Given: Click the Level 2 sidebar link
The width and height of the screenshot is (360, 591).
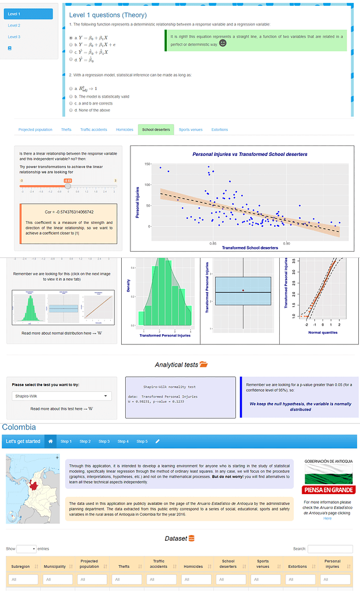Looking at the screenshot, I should click(14, 25).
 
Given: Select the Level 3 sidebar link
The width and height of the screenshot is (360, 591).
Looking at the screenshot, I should click(14, 37).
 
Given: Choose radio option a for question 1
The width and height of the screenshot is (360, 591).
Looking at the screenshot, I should click(71, 38).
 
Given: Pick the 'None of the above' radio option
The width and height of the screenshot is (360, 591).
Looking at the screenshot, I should click(71, 110).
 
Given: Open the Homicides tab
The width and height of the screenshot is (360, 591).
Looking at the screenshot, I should click(124, 130).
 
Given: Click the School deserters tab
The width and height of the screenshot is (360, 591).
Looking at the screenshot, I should click(156, 130).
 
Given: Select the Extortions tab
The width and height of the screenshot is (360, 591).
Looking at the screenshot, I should click(220, 130).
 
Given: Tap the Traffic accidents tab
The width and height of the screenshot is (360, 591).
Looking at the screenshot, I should click(93, 130).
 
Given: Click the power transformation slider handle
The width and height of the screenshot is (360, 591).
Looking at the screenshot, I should click(67, 186).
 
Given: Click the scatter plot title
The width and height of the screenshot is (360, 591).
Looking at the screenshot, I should click(249, 155).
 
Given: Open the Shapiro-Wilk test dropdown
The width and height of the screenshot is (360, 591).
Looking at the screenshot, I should click(62, 397).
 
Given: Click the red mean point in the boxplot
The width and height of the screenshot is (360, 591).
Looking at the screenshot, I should click(243, 290).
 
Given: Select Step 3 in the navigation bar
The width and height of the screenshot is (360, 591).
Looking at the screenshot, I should click(104, 442).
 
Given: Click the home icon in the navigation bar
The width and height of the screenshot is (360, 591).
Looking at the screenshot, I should click(51, 442).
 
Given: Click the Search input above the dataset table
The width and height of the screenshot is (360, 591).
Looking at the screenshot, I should click(330, 549).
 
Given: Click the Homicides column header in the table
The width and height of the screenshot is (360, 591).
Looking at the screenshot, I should click(193, 566).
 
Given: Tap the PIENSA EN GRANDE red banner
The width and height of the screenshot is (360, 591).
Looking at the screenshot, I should click(329, 490).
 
